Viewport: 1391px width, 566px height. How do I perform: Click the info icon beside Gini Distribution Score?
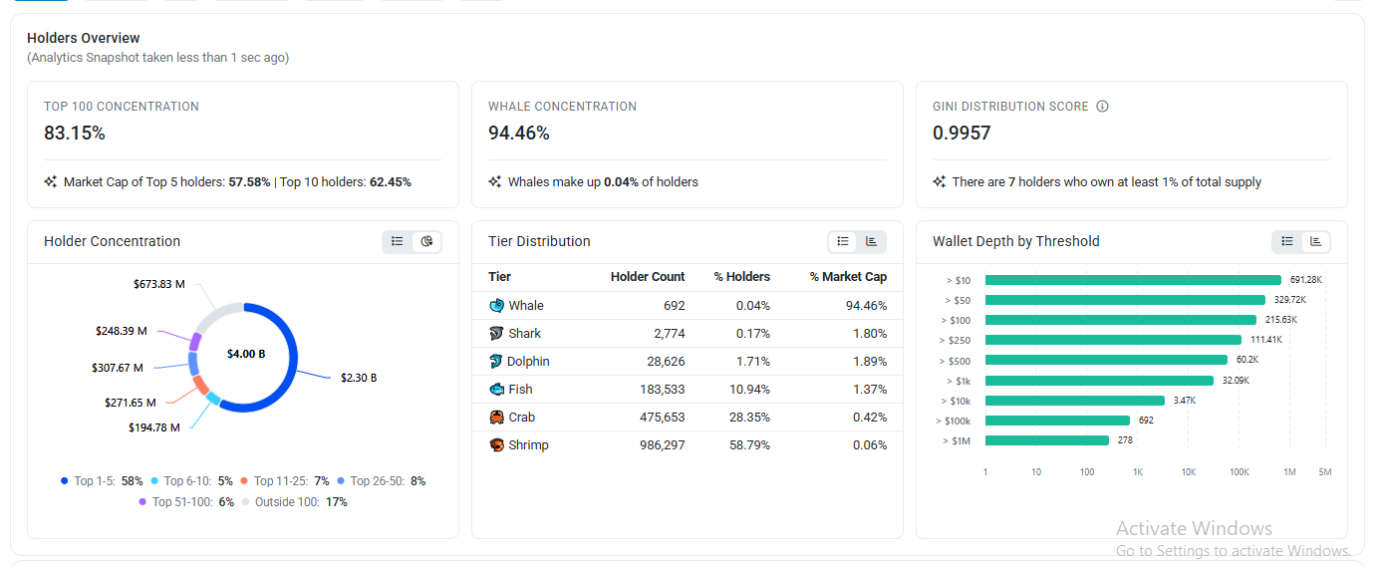pyautogui.click(x=1102, y=107)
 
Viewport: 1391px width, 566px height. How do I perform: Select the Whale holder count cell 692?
pyautogui.click(x=674, y=306)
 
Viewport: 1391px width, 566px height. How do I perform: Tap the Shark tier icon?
pyautogui.click(x=496, y=334)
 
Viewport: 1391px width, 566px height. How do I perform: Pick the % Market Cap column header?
pyautogui.click(x=848, y=277)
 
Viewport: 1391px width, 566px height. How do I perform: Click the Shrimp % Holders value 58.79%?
pyautogui.click(x=749, y=445)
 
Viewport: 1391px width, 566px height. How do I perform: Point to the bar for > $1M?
pyautogui.click(x=1047, y=440)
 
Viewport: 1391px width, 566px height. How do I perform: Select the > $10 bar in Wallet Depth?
pyautogui.click(x=1133, y=280)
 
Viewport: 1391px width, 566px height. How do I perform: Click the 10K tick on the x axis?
pyautogui.click(x=1189, y=472)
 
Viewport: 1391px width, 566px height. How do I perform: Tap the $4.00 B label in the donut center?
pyautogui.click(x=246, y=354)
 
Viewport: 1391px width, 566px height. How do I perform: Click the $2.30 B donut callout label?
pyautogui.click(x=359, y=378)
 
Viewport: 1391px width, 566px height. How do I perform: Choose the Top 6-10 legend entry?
pyautogui.click(x=192, y=481)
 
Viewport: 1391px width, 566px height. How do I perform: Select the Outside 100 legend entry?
pyautogui.click(x=295, y=502)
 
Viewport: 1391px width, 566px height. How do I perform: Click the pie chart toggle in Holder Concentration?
pyautogui.click(x=426, y=242)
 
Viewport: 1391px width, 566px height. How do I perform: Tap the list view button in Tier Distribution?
pyautogui.click(x=843, y=242)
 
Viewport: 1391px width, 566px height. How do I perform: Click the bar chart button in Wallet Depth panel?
pyautogui.click(x=1316, y=242)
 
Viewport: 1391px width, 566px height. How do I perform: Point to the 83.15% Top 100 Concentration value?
pyautogui.click(x=75, y=133)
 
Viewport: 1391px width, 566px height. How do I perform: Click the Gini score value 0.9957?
pyautogui.click(x=962, y=133)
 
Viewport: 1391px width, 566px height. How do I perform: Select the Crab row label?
pyautogui.click(x=522, y=418)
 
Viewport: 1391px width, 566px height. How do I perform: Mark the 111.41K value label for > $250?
pyautogui.click(x=1266, y=340)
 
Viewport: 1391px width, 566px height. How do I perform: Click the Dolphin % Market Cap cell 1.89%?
pyautogui.click(x=869, y=362)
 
